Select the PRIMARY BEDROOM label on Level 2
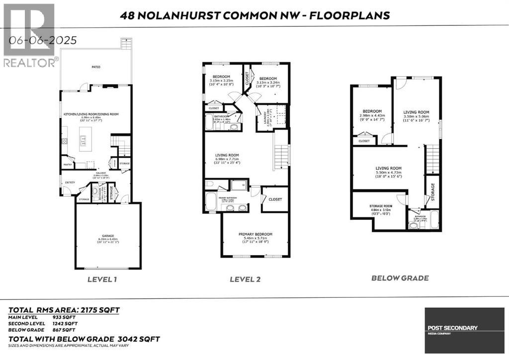tap(255, 234)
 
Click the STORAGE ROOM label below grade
tap(381, 205)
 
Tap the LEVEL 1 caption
tap(102, 279)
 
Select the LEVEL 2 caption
tap(245, 279)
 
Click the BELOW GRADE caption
tap(400, 278)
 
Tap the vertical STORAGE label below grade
tap(432, 191)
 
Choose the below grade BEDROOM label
tap(372, 111)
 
